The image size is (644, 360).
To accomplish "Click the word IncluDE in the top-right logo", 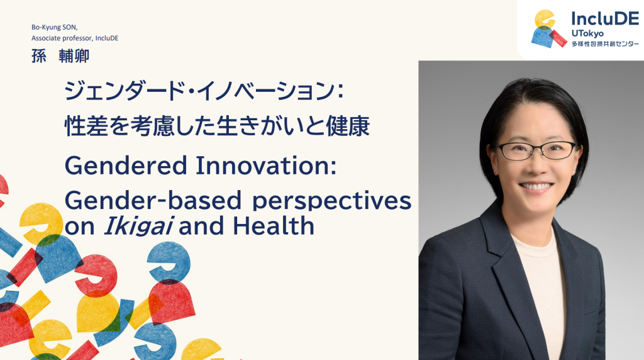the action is tap(605, 18).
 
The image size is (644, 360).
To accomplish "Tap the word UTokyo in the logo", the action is tap(587, 34).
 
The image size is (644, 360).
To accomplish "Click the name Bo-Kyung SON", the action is tap(54, 28).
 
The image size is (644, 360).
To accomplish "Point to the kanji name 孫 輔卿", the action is tap(60, 56).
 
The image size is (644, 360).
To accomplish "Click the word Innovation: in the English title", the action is tap(266, 166).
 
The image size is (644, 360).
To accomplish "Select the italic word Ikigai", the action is tap(138, 227).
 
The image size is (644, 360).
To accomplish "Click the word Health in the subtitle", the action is tap(274, 225).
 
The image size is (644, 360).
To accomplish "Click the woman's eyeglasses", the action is tap(536, 150).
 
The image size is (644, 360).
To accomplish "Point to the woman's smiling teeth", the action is tap(536, 186).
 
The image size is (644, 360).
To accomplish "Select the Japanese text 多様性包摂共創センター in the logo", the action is tap(605, 44).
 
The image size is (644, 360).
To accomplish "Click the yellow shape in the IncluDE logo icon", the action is tap(545, 19).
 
